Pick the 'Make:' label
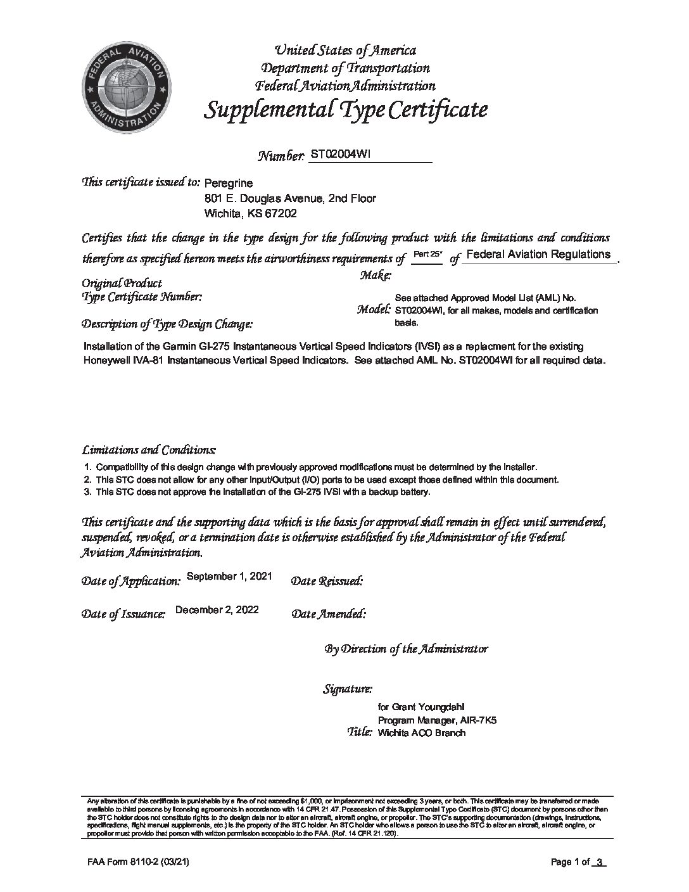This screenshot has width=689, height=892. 376,275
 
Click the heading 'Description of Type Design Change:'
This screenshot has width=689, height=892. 167,324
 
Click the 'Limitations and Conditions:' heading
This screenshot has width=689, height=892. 149,450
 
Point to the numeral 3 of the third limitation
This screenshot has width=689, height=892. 87,492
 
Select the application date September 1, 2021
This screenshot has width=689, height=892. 230,576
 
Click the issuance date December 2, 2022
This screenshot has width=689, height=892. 217,609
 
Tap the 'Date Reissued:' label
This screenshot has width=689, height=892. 326,580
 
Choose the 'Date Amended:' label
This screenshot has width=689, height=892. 328,614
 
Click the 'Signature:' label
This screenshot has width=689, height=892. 348,689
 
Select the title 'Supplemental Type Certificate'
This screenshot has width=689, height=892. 346,110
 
